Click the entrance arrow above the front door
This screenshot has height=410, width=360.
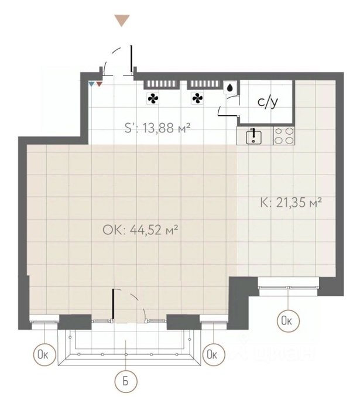[122, 20]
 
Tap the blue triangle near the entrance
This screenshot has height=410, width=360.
[91, 84]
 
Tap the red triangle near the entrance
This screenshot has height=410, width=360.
[100, 84]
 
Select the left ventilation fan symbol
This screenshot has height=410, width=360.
[153, 98]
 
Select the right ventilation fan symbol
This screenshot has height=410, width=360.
[197, 98]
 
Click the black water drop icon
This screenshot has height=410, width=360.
[230, 88]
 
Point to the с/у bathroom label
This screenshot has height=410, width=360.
[268, 102]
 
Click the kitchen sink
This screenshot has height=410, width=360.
[253, 136]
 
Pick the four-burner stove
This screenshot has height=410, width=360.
[284, 136]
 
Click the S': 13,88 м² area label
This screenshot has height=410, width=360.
[157, 128]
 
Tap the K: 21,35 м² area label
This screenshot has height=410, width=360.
[291, 203]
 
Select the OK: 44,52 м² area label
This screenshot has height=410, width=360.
[140, 230]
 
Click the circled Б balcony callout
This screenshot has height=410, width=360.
[126, 381]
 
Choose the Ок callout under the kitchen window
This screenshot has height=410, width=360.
[288, 321]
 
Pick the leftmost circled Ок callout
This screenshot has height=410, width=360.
[44, 354]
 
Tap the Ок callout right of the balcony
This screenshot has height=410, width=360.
[214, 354]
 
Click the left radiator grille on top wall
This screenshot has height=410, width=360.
[161, 84]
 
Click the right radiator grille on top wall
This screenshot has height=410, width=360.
[204, 84]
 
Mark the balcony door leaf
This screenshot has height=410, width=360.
[113, 305]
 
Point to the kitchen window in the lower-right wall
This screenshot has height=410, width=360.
[288, 287]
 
